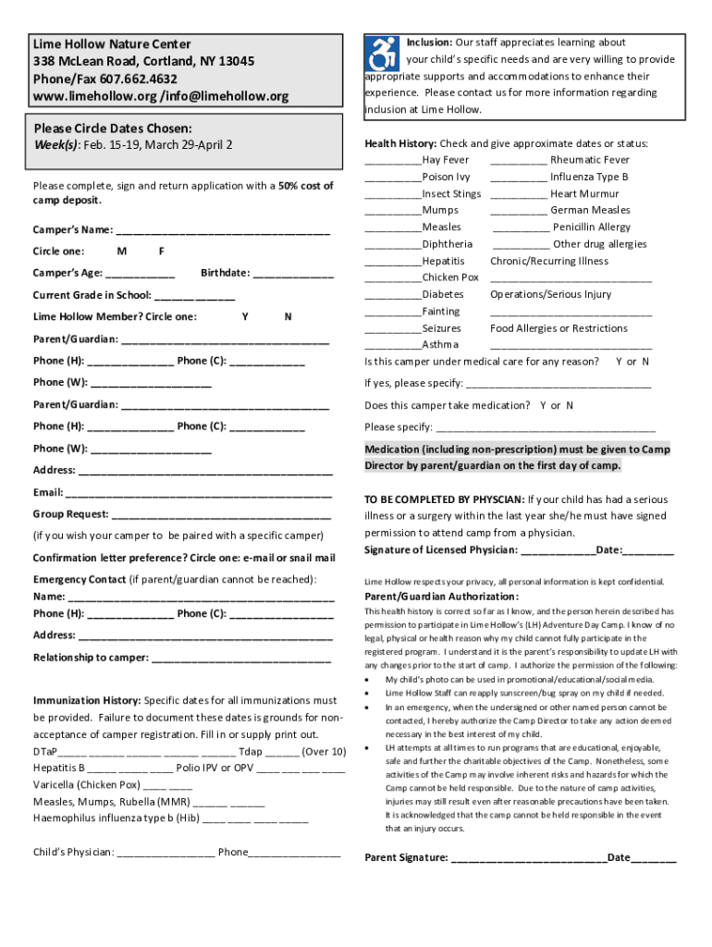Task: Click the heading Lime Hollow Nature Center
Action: [x=112, y=43]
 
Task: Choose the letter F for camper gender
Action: [x=162, y=251]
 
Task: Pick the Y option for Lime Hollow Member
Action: [x=244, y=317]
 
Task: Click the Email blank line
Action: [x=199, y=493]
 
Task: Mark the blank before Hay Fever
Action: [x=393, y=161]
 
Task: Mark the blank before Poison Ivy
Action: [x=393, y=178]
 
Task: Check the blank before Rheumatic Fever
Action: [x=518, y=161]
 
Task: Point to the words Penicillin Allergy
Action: [x=592, y=228]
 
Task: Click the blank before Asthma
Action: [x=393, y=346]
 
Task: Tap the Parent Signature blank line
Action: [x=528, y=858]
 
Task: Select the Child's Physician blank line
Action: [x=166, y=854]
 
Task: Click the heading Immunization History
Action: [x=87, y=701]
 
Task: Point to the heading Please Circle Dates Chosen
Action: [x=113, y=129]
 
